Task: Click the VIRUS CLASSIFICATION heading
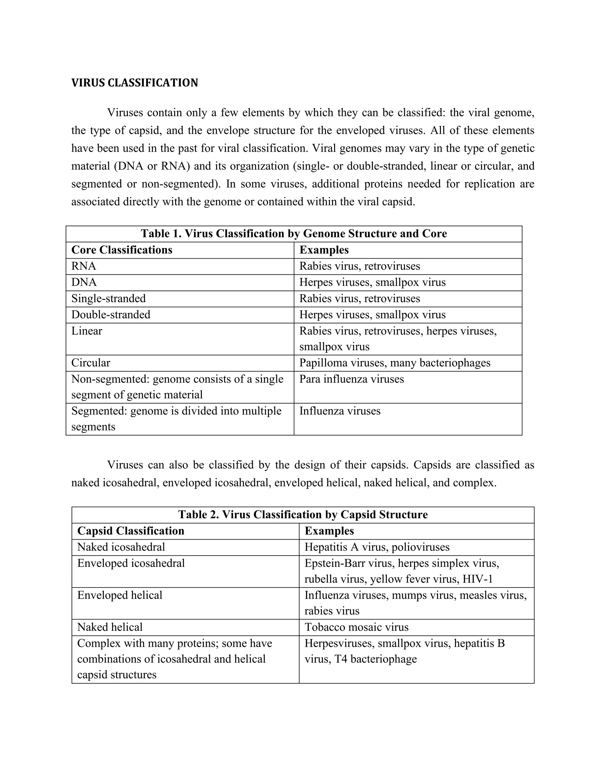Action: [x=134, y=83]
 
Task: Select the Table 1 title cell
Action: [x=294, y=234]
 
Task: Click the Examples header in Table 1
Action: [x=324, y=250]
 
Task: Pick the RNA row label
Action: [x=84, y=266]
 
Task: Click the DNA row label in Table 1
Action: [x=84, y=282]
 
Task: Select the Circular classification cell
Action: [x=91, y=363]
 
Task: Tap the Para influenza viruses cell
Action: [x=352, y=379]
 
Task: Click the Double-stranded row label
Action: [x=111, y=314]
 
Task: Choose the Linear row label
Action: [x=86, y=331]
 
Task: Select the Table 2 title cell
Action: [x=303, y=514]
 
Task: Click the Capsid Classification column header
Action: [x=131, y=530]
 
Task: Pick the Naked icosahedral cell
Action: [x=121, y=547]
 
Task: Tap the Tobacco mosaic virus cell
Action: [x=357, y=627]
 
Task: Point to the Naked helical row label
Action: [x=110, y=627]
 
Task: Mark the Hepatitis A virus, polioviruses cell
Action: [x=377, y=547]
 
